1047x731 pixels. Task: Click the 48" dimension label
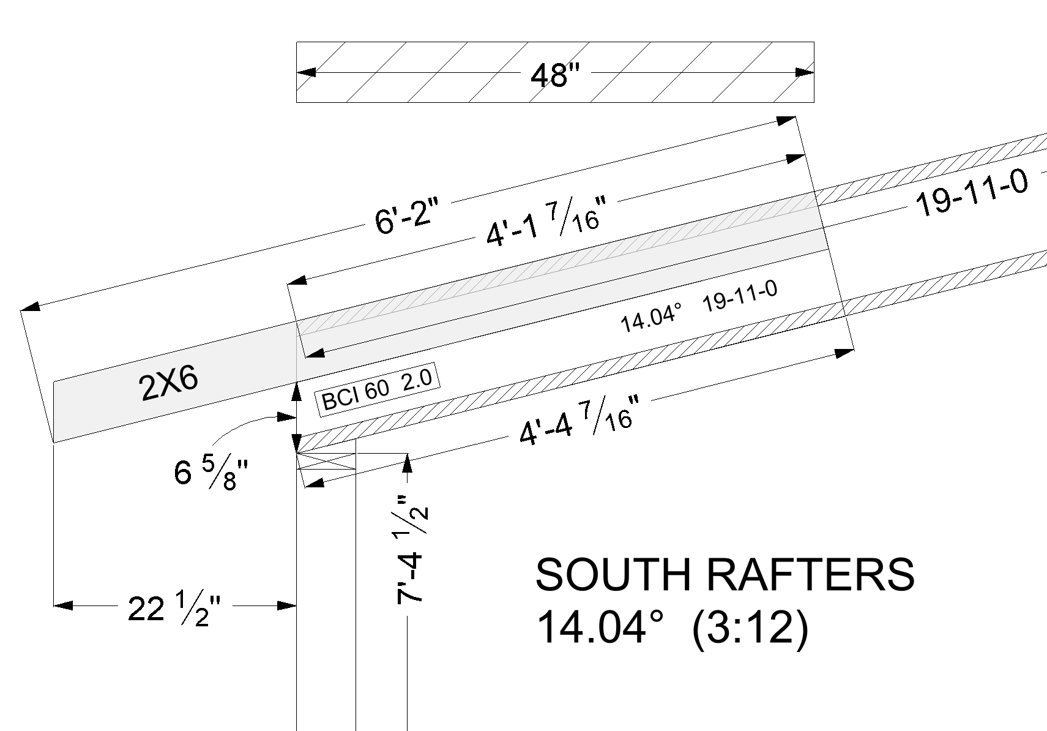point(554,76)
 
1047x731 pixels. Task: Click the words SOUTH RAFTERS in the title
point(725,574)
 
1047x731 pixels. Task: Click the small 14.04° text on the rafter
point(651,319)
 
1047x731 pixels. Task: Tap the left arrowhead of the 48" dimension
point(305,72)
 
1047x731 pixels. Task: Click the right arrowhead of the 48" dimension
point(805,72)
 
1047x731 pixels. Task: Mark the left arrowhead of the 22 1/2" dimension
point(63,605)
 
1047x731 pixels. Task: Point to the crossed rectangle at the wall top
point(326,461)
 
